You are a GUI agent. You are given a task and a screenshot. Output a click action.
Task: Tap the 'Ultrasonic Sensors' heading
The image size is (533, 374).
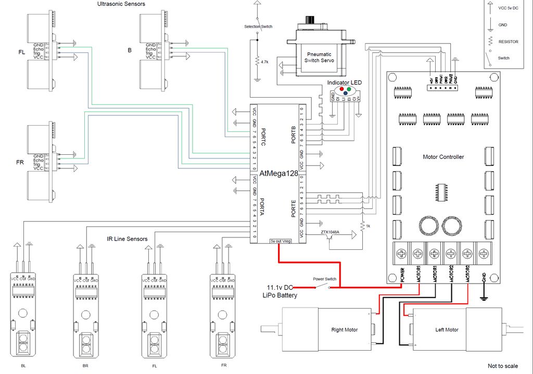[x=121, y=4]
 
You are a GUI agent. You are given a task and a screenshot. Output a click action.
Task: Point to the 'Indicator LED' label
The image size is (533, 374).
[x=344, y=83]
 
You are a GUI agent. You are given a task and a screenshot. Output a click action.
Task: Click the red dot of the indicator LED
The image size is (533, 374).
[x=342, y=89]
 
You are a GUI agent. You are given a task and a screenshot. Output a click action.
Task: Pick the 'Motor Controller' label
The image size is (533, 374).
[x=443, y=157]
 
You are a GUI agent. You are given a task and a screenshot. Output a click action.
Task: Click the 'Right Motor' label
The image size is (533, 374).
[x=345, y=330]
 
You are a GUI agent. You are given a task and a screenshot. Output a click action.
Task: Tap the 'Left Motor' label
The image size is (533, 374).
[x=447, y=330]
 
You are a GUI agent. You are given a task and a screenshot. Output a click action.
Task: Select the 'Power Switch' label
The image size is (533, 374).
[x=324, y=279]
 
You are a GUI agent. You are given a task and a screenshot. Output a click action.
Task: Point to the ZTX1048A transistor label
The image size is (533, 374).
[x=331, y=232]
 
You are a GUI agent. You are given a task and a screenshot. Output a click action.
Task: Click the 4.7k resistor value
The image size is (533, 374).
[x=265, y=62]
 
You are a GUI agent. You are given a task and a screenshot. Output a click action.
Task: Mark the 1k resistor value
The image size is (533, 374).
[x=368, y=226]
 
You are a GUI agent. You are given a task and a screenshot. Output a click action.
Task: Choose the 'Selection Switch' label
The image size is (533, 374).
[x=258, y=26]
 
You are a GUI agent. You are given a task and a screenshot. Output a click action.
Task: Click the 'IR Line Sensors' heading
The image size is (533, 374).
[x=127, y=239]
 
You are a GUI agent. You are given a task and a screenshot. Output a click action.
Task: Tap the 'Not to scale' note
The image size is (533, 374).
[x=502, y=366]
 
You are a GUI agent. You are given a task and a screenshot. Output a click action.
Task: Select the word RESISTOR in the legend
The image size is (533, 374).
[x=508, y=42]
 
